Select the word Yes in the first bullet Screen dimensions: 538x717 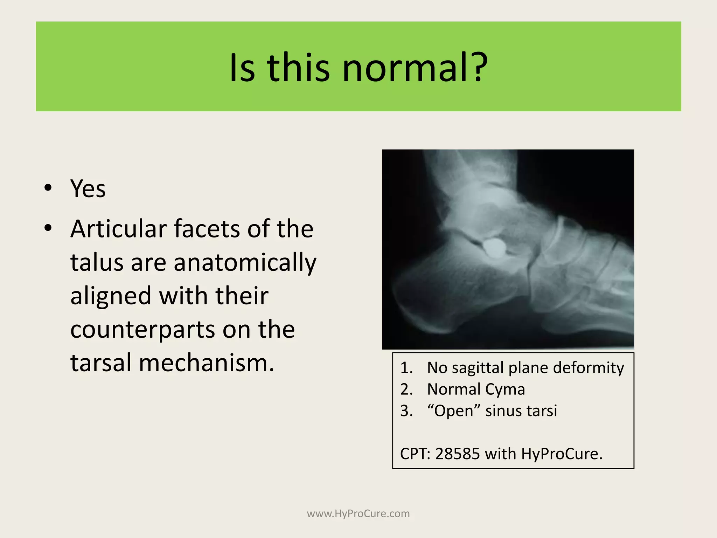tap(88, 188)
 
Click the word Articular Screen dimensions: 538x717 tap(118, 229)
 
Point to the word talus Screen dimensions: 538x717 tap(97, 262)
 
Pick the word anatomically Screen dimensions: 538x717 tap(245, 263)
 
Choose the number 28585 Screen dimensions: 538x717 tap(457, 454)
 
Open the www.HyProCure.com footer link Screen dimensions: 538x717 tap(358, 513)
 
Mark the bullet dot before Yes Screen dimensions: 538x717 tap(48, 188)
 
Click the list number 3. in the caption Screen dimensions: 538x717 tap(406, 411)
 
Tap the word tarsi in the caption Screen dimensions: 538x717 tap(543, 411)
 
